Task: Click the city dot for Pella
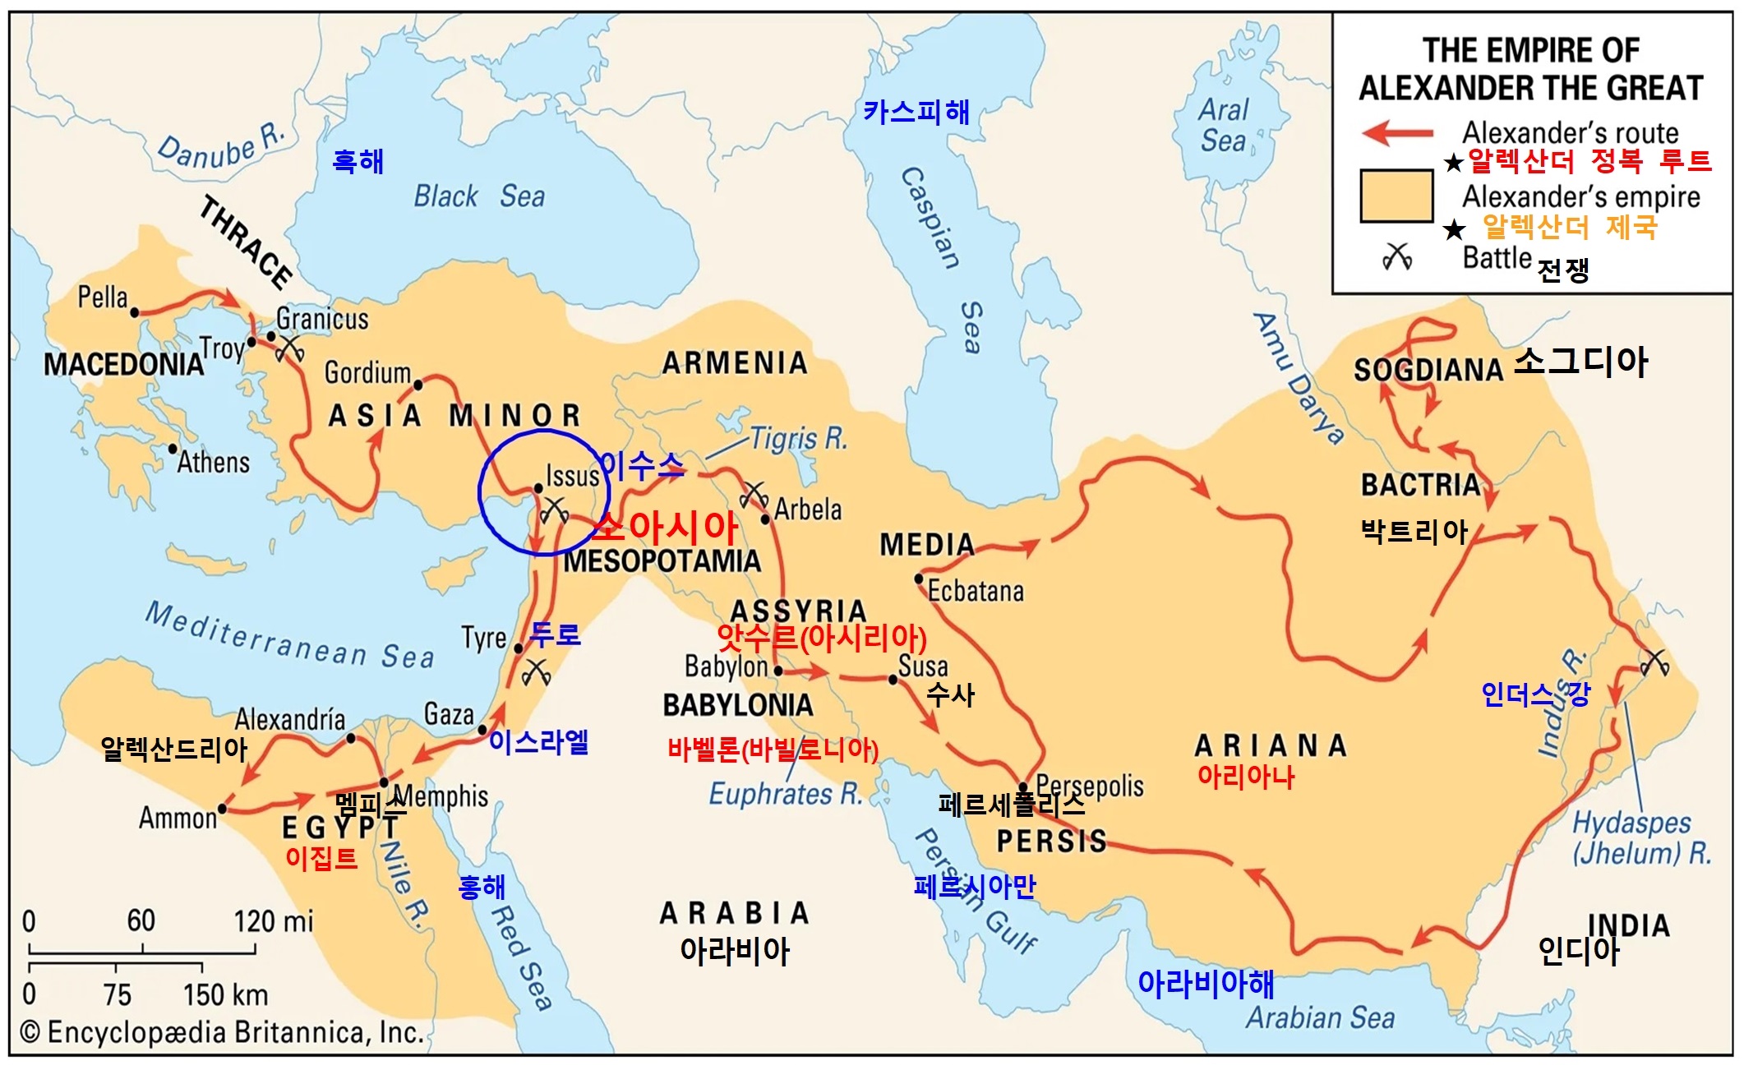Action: point(134,312)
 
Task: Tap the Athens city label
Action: point(213,462)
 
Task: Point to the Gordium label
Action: point(367,372)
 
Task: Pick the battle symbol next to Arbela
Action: point(752,495)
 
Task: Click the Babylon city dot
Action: point(778,671)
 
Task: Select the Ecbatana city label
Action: point(976,591)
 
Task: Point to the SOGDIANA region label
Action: point(1428,370)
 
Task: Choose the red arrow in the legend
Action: point(1397,132)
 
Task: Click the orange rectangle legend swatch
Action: point(1396,196)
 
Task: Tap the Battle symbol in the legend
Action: point(1397,257)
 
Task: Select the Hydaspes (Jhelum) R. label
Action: point(1640,837)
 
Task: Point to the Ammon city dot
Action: point(222,809)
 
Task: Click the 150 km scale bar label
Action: point(225,995)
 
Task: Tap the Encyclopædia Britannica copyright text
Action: point(222,1033)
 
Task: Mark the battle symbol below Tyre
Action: point(537,672)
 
